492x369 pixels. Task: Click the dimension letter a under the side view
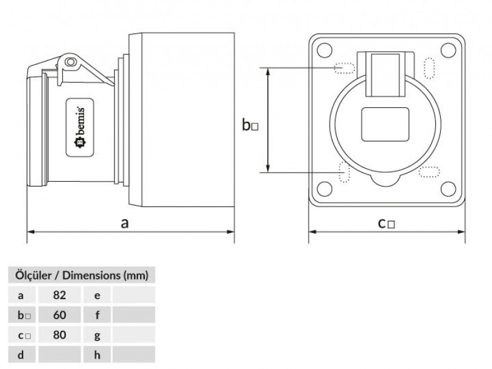[x=125, y=223]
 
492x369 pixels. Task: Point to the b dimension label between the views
[x=250, y=125]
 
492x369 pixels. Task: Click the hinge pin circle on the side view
[x=72, y=61]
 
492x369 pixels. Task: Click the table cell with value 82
[x=59, y=295]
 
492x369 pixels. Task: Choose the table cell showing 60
[x=59, y=315]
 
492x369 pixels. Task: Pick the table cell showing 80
[x=59, y=335]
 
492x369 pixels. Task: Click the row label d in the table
[x=21, y=355]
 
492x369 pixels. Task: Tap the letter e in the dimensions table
[x=97, y=295]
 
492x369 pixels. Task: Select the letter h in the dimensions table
[x=97, y=355]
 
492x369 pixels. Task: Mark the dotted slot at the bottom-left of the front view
[x=344, y=172]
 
